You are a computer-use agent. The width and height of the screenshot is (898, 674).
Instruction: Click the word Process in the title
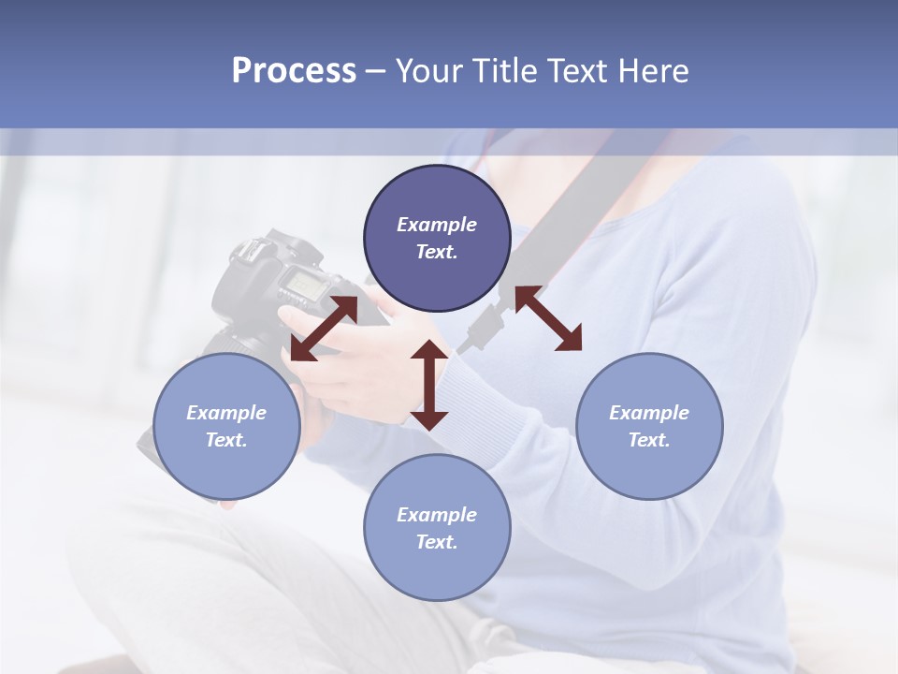click(x=294, y=71)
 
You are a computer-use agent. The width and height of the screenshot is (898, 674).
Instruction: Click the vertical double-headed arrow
click(x=429, y=385)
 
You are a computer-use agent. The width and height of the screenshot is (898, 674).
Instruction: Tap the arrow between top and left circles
click(x=324, y=329)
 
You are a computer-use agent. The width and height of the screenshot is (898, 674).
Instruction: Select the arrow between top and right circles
click(x=548, y=318)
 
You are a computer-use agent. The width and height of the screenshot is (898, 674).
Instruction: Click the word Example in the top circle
click(x=437, y=225)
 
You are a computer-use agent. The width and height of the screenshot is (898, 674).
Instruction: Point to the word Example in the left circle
click(x=226, y=413)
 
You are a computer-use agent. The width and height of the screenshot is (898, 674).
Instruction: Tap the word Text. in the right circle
click(x=649, y=440)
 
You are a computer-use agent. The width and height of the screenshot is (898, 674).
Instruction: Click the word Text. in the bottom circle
click(x=437, y=542)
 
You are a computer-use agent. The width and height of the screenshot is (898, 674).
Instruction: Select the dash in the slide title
click(x=375, y=71)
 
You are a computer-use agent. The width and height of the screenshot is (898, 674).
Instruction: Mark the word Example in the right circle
click(x=649, y=413)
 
